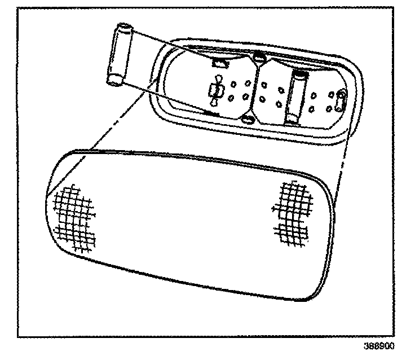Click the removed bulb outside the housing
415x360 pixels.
pyautogui.click(x=120, y=55)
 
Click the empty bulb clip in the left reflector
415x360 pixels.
pyautogui.click(x=214, y=91)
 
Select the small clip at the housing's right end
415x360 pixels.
pyautogui.click(x=340, y=102)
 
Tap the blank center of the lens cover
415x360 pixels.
pyautogui.click(x=186, y=226)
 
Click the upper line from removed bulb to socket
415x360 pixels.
pyautogui.click(x=169, y=42)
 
